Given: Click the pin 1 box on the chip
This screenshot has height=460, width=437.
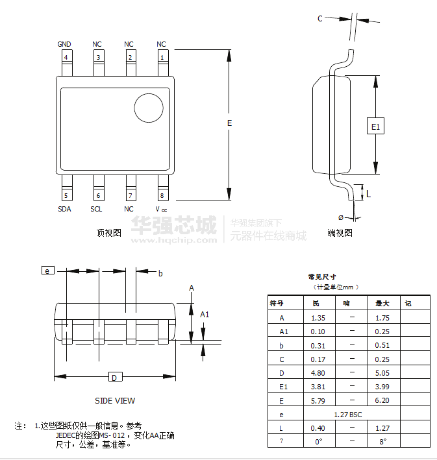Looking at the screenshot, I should tap(162, 57).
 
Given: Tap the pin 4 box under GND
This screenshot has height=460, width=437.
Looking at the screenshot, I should tap(65, 57).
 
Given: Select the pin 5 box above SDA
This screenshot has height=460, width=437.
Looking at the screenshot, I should tap(65, 195).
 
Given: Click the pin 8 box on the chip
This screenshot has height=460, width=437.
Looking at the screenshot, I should tap(162, 195).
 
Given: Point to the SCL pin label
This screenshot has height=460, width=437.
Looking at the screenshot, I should tap(96, 209).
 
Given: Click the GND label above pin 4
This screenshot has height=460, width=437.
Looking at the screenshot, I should tap(64, 44).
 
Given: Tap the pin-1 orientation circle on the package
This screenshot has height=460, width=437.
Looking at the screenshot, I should tap(148, 108).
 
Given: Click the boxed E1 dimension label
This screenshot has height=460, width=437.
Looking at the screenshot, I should tap(375, 126).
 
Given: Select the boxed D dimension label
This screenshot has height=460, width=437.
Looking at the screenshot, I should tap(114, 378).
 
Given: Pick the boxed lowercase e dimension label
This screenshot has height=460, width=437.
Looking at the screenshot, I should tap(47, 270).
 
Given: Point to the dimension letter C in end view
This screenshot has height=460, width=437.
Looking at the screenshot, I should tap(319, 19).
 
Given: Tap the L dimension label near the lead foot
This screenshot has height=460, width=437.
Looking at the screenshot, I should tap(368, 193).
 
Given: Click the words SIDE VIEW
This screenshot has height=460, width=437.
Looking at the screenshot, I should tap(115, 400).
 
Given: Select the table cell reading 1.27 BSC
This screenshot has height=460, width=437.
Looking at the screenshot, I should tap(351, 414).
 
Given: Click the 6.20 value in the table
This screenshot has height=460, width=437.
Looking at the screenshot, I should tap(382, 400).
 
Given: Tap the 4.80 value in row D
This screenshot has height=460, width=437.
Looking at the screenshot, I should tap(318, 372).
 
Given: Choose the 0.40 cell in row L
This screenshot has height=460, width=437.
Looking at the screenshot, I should tap(318, 428).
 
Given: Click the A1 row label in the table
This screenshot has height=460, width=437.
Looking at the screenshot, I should tap(283, 332).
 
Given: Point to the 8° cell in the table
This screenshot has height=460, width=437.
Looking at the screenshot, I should tap(382, 441).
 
